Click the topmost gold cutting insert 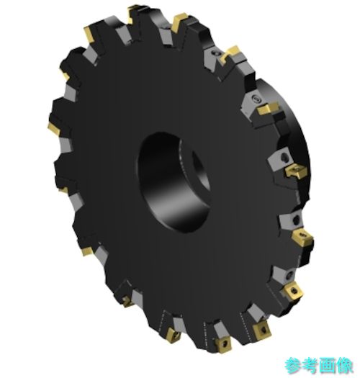click(x=132, y=13)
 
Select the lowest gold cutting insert click(x=222, y=345)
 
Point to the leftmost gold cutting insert click(x=54, y=129)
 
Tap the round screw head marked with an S click(x=256, y=99)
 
